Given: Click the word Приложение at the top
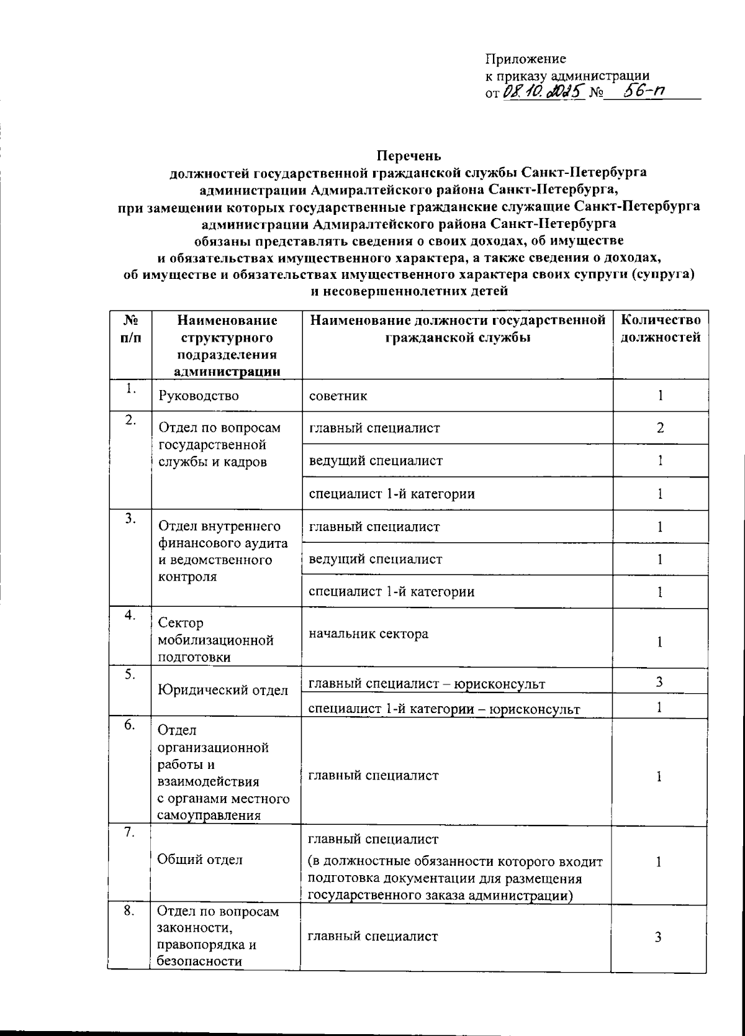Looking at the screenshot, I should point(525,59).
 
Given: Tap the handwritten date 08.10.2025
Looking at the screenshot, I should point(543,93).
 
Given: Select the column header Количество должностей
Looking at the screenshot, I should point(661,329).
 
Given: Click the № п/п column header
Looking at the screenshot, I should point(130,329).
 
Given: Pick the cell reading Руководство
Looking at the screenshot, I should point(199,396).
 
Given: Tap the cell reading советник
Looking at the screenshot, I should point(338,396).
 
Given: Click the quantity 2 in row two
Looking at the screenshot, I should point(661,428).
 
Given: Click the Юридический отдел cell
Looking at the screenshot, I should point(222,690).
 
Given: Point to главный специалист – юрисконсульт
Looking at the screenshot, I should point(427,684).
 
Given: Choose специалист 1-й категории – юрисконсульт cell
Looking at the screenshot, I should point(444,709).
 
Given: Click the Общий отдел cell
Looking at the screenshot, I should point(199,860).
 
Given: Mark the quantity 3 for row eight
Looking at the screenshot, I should point(659,937).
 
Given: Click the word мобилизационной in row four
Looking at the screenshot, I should point(215,640).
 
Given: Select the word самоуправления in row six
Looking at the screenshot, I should point(209,815).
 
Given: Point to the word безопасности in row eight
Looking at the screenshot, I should point(199,961).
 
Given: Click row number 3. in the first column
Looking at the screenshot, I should point(129,519).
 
